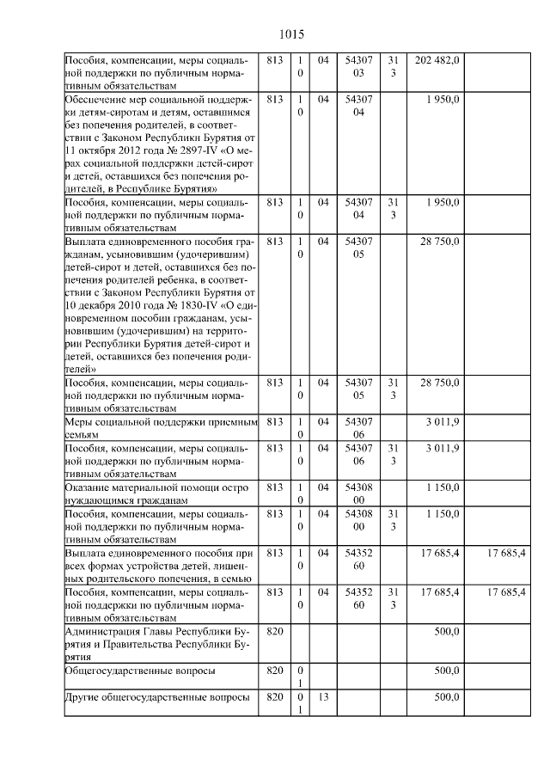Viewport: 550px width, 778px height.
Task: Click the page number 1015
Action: pyautogui.click(x=292, y=34)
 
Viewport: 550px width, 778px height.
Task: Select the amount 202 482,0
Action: pyautogui.click(x=437, y=60)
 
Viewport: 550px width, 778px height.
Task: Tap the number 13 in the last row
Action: pyautogui.click(x=324, y=697)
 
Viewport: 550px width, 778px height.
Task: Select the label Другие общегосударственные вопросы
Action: pyautogui.click(x=157, y=697)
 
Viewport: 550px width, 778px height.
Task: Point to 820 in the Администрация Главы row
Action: pyautogui.click(x=274, y=631)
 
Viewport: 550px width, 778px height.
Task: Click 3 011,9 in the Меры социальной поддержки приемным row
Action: pyautogui.click(x=443, y=422)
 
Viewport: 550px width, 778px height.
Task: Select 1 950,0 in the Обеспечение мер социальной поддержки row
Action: pyautogui.click(x=443, y=100)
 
